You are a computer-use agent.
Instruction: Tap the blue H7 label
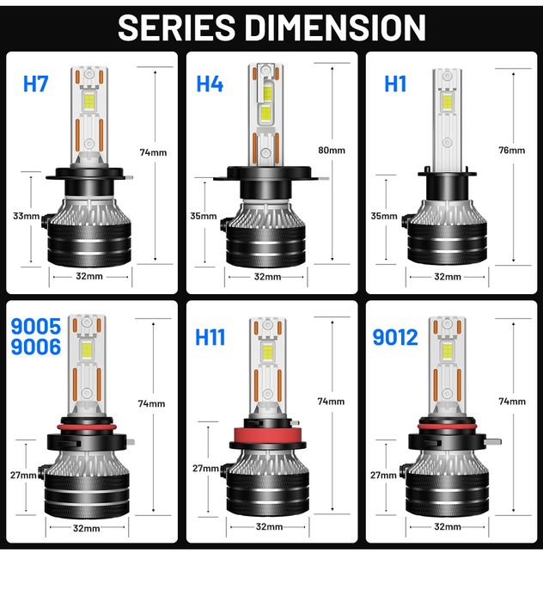click(36, 84)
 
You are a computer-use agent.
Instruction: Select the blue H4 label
click(210, 84)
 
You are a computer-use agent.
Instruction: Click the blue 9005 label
click(36, 327)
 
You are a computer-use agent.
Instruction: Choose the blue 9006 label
click(36, 347)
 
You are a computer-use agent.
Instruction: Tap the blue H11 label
click(210, 336)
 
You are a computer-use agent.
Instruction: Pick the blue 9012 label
click(395, 336)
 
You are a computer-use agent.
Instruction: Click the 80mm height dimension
click(331, 150)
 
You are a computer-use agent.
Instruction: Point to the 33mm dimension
click(26, 216)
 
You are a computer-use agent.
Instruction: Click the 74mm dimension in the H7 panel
click(152, 152)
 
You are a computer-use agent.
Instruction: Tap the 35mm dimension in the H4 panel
click(204, 216)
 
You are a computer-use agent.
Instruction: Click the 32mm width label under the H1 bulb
click(447, 277)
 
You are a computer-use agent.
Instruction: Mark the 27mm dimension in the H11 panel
click(205, 469)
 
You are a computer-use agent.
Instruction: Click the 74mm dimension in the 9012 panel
click(511, 402)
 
